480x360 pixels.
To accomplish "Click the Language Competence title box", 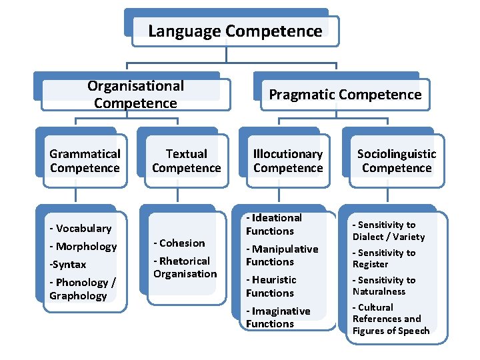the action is (x=235, y=31).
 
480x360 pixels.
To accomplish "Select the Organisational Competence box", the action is (x=135, y=94).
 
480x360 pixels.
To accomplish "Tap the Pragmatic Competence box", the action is (x=345, y=95).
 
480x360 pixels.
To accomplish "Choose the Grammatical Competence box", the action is (x=85, y=161).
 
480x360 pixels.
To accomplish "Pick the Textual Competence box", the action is (x=186, y=161).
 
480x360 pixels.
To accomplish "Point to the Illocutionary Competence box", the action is (x=288, y=161).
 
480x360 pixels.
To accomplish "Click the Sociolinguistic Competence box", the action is (x=397, y=161).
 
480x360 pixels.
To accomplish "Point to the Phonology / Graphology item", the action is (x=81, y=289).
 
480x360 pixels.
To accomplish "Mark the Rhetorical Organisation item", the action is (x=185, y=267).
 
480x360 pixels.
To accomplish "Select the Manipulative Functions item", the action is (x=281, y=255).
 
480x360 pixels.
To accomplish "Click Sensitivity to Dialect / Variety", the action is (x=388, y=231).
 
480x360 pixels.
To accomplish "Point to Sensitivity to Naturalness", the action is (x=383, y=286).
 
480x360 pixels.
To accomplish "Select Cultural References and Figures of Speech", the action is (x=390, y=319).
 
